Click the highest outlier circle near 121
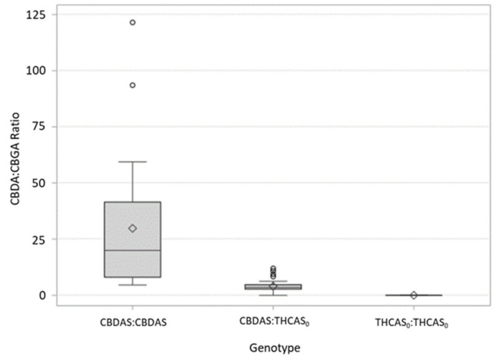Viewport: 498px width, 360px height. point(132,22)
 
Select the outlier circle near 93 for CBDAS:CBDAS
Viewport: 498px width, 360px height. point(132,85)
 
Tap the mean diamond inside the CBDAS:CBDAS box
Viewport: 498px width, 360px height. point(132,228)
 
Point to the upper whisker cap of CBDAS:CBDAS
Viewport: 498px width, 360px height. point(132,162)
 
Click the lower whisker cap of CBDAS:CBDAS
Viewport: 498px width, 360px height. point(132,285)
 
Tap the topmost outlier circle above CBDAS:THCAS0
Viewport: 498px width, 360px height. point(273,268)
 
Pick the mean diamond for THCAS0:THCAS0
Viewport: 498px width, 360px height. point(414,295)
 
